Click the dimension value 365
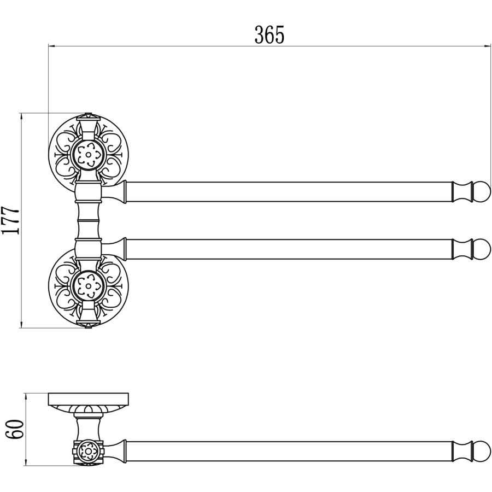[269, 34]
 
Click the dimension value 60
[14, 429]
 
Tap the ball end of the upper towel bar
[483, 191]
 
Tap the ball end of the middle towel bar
[483, 249]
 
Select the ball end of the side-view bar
[483, 451]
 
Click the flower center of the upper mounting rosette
[89, 154]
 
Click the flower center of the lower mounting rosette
[89, 285]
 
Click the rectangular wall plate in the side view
[88, 399]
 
